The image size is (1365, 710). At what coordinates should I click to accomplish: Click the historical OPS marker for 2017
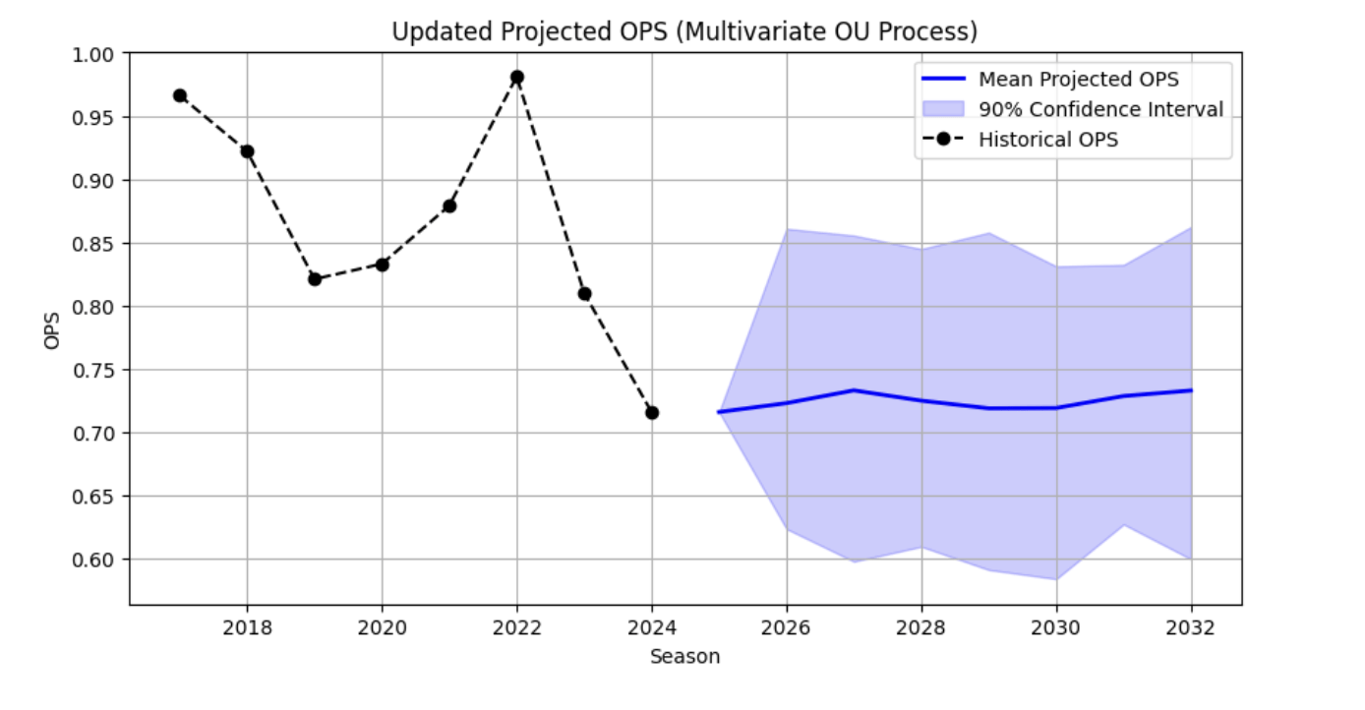click(x=180, y=95)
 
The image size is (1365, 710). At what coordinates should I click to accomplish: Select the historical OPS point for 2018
click(x=247, y=151)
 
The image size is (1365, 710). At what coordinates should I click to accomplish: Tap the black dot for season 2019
click(x=315, y=279)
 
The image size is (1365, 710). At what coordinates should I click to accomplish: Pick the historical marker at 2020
click(x=382, y=265)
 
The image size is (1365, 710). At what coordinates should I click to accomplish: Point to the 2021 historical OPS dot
click(x=449, y=206)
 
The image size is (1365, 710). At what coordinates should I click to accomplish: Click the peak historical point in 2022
click(x=517, y=77)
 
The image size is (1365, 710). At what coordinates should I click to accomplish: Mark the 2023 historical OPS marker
click(x=584, y=293)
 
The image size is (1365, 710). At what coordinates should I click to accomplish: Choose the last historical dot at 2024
click(x=652, y=412)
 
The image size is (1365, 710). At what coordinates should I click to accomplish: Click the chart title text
click(x=684, y=31)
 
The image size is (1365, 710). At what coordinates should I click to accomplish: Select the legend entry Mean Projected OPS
click(x=1078, y=80)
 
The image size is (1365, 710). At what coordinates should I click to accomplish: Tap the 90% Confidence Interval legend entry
click(x=1100, y=109)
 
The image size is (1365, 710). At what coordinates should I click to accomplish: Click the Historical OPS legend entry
click(x=1047, y=140)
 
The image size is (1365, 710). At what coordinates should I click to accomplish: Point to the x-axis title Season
click(x=684, y=657)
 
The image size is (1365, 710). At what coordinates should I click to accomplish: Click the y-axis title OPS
click(x=51, y=329)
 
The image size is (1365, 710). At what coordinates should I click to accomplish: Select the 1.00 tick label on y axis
click(x=94, y=54)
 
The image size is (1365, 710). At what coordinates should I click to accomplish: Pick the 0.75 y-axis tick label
click(x=94, y=370)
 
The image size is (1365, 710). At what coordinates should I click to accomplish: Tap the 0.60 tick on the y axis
click(x=94, y=560)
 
